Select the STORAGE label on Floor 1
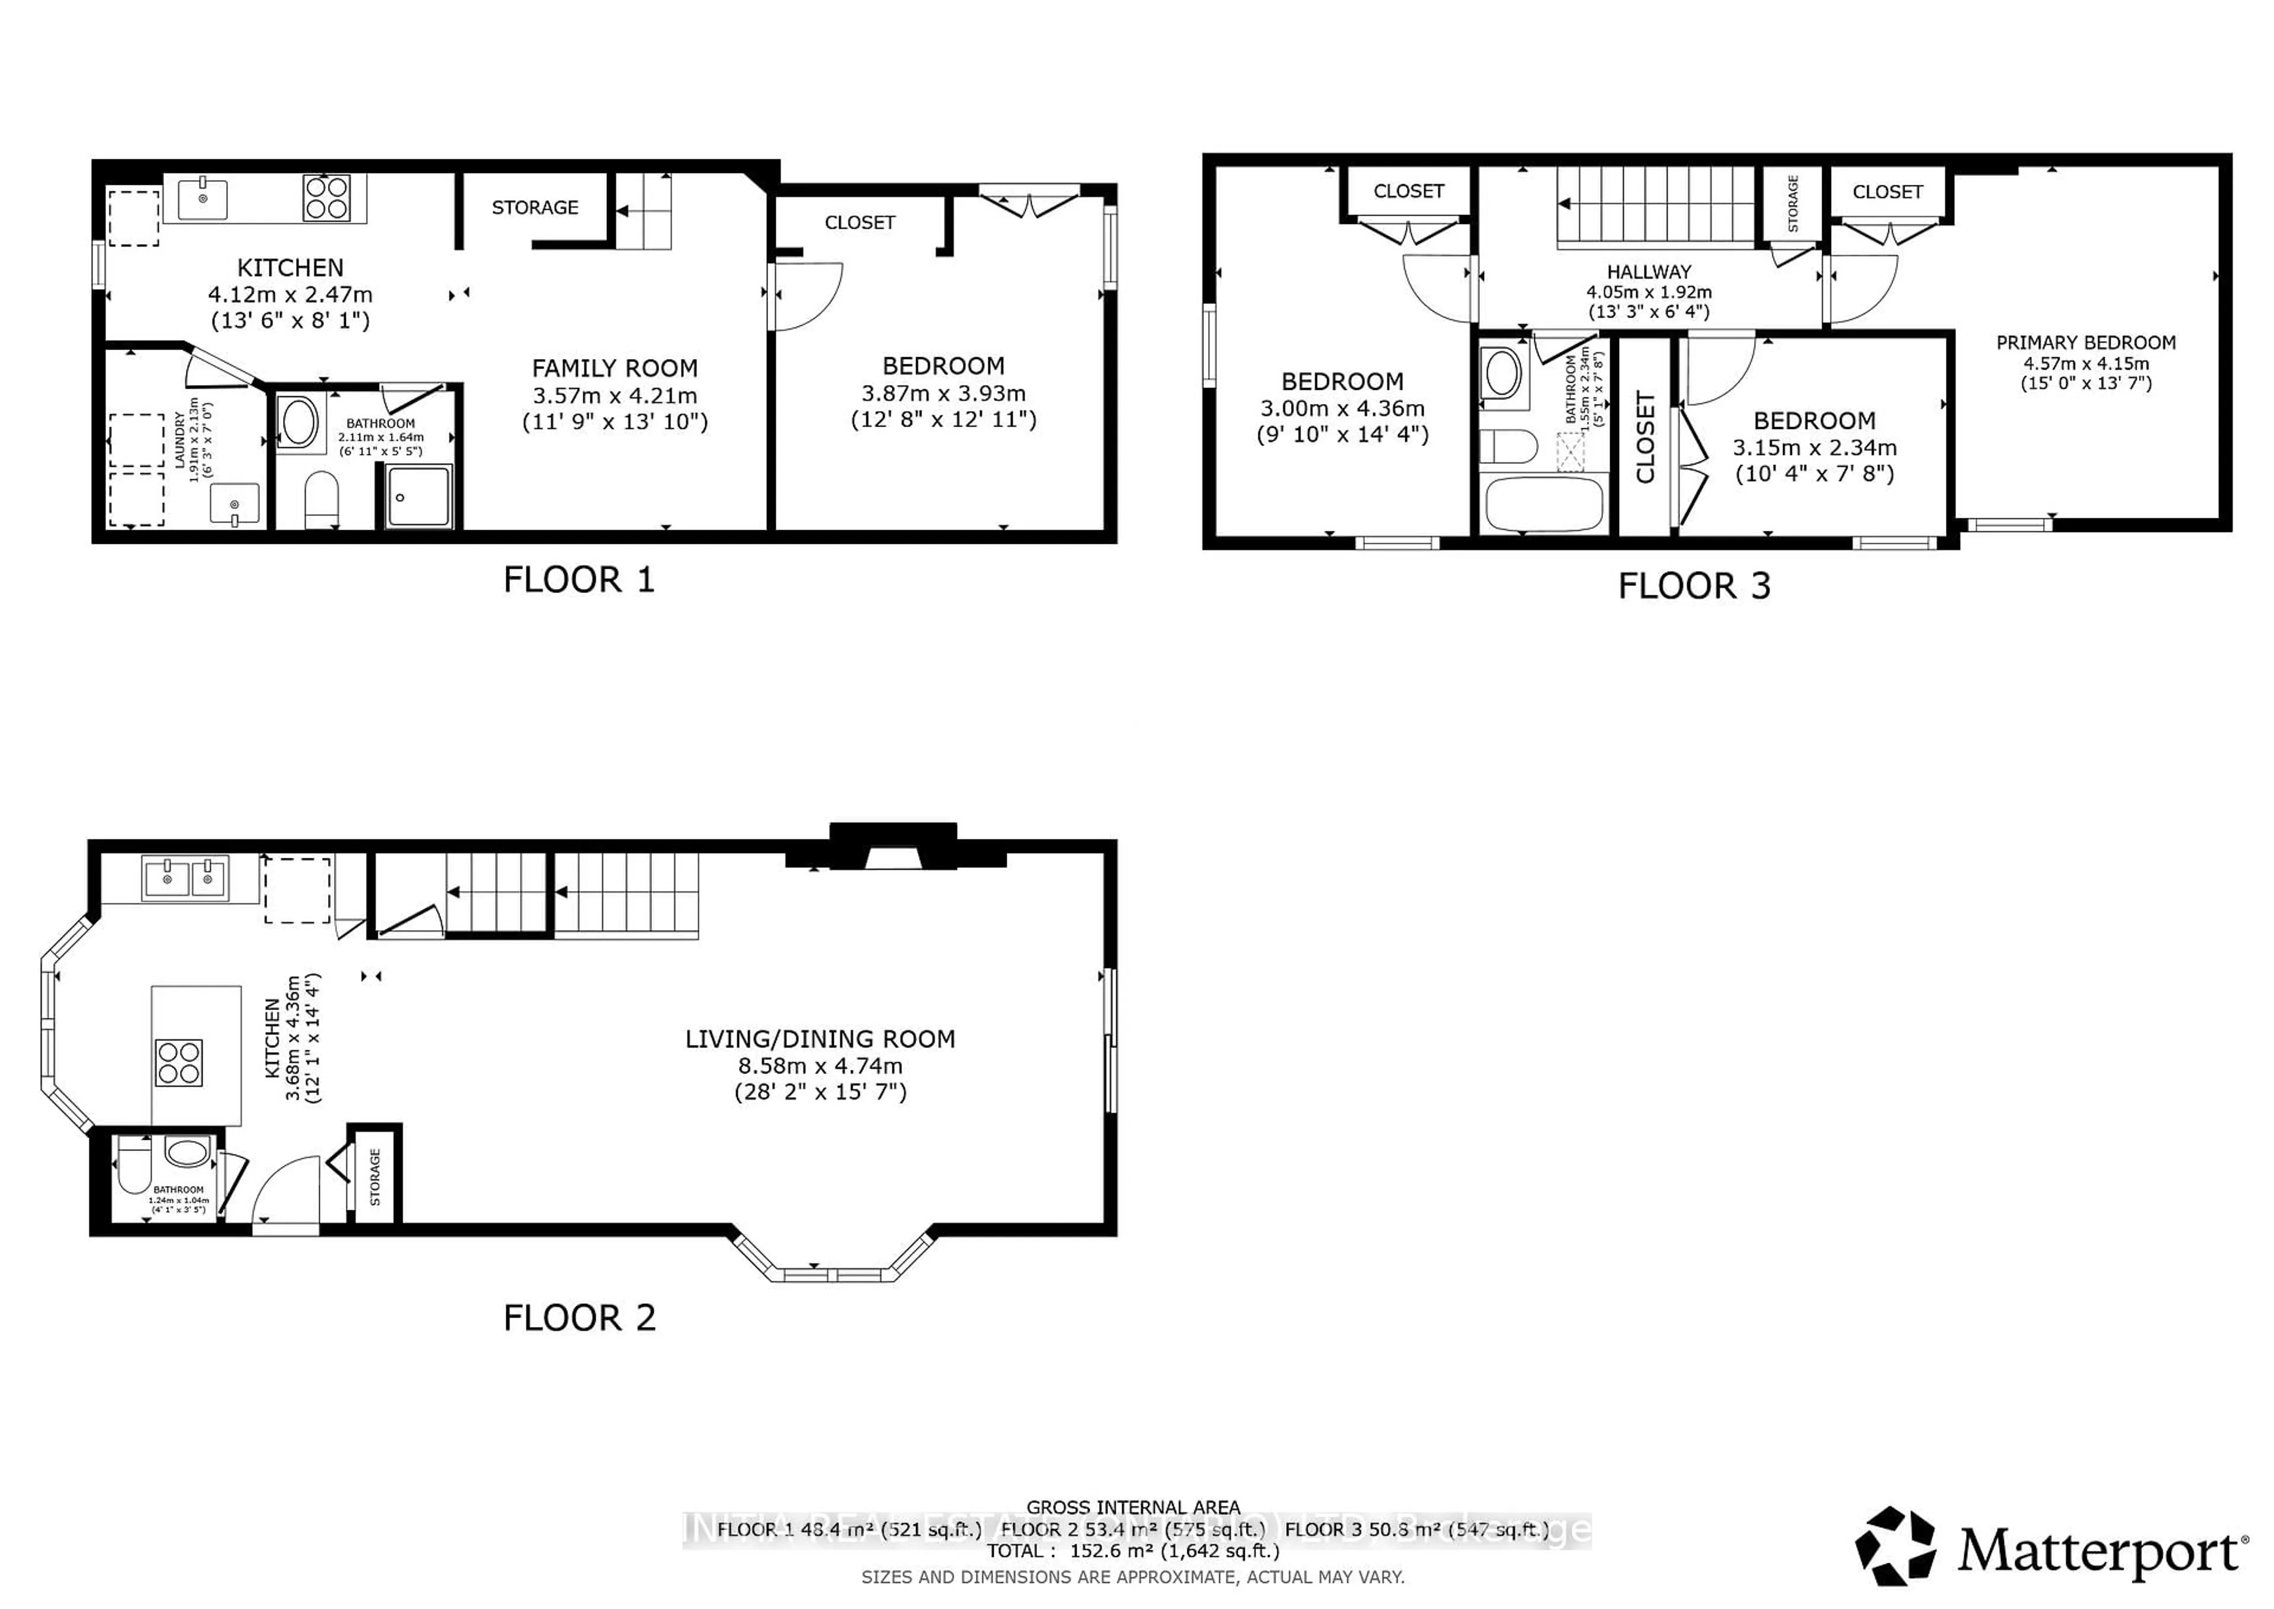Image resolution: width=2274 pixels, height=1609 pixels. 535,207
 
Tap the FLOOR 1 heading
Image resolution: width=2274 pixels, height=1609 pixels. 579,579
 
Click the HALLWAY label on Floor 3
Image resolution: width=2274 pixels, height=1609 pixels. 1649,271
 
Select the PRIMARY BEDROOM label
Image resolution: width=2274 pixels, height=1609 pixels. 2086,343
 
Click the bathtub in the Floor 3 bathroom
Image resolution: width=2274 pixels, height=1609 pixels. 1543,505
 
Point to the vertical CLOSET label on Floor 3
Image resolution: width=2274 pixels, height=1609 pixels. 1645,437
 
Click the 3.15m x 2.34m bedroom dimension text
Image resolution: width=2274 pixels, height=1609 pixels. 1814,448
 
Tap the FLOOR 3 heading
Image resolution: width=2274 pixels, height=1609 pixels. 1694,585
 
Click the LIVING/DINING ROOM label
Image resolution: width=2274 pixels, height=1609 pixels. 820,1039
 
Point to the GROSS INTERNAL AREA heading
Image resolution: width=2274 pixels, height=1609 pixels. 1133,1507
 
